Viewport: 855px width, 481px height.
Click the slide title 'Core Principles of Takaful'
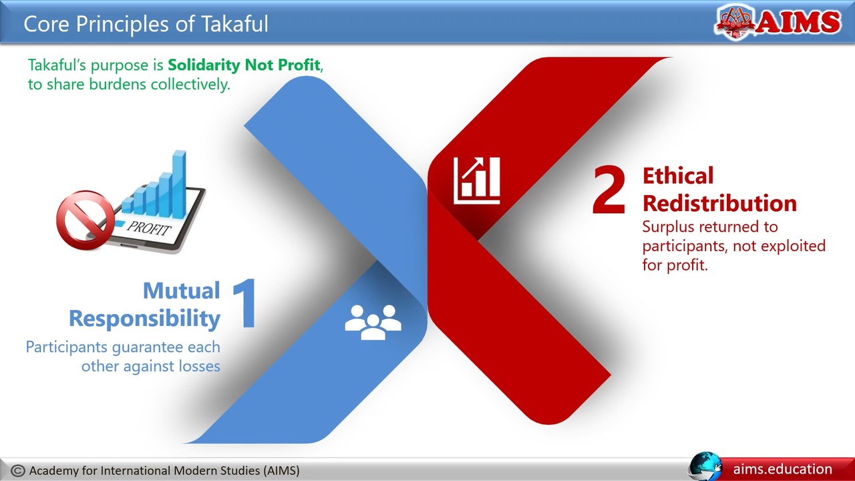click(146, 24)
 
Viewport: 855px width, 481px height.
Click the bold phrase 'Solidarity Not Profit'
click(244, 65)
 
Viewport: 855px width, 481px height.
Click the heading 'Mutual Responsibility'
click(144, 305)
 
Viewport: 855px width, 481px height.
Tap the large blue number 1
click(245, 305)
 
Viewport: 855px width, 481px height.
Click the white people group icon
click(373, 321)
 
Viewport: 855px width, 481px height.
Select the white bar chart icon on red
click(476, 180)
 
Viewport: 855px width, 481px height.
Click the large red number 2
click(609, 192)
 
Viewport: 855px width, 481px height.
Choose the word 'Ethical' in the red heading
click(678, 176)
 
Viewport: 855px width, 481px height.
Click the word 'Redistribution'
click(719, 203)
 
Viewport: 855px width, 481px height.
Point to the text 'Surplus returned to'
click(709, 227)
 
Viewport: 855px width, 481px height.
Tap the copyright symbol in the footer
click(19, 470)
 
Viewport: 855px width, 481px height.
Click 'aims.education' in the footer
click(782, 469)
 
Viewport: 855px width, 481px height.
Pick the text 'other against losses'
click(150, 366)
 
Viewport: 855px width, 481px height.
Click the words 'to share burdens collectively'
click(128, 85)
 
